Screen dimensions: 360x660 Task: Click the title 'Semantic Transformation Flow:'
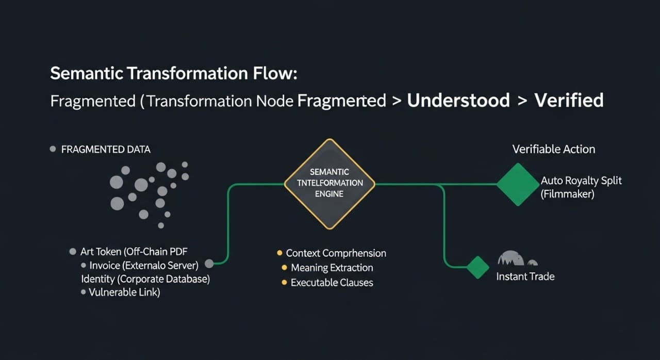coord(174,73)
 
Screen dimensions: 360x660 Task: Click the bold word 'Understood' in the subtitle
coord(458,100)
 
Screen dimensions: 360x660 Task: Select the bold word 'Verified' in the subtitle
coord(569,100)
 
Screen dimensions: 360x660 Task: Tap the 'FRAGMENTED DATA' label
coord(106,150)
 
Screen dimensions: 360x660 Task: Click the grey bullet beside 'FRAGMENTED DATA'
coord(52,149)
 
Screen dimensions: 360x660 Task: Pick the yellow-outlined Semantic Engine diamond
coord(329,184)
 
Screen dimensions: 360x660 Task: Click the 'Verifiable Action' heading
coord(554,149)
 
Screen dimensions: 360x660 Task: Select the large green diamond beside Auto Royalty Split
coord(517,184)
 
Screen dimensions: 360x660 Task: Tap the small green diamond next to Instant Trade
coord(477,267)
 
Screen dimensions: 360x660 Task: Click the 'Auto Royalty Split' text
coord(581,181)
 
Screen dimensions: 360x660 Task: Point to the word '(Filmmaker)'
coord(568,194)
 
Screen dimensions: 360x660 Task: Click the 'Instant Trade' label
coord(525,276)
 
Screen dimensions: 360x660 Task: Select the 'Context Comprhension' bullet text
coord(336,253)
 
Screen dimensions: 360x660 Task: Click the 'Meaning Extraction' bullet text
coord(332,268)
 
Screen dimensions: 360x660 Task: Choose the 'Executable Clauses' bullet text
coord(332,283)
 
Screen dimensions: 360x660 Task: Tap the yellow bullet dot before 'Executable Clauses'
coord(284,283)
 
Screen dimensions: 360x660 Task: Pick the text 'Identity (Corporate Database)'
coord(145,279)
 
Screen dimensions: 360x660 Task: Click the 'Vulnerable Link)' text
coord(124,292)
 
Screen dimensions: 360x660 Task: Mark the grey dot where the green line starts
coord(209,264)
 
